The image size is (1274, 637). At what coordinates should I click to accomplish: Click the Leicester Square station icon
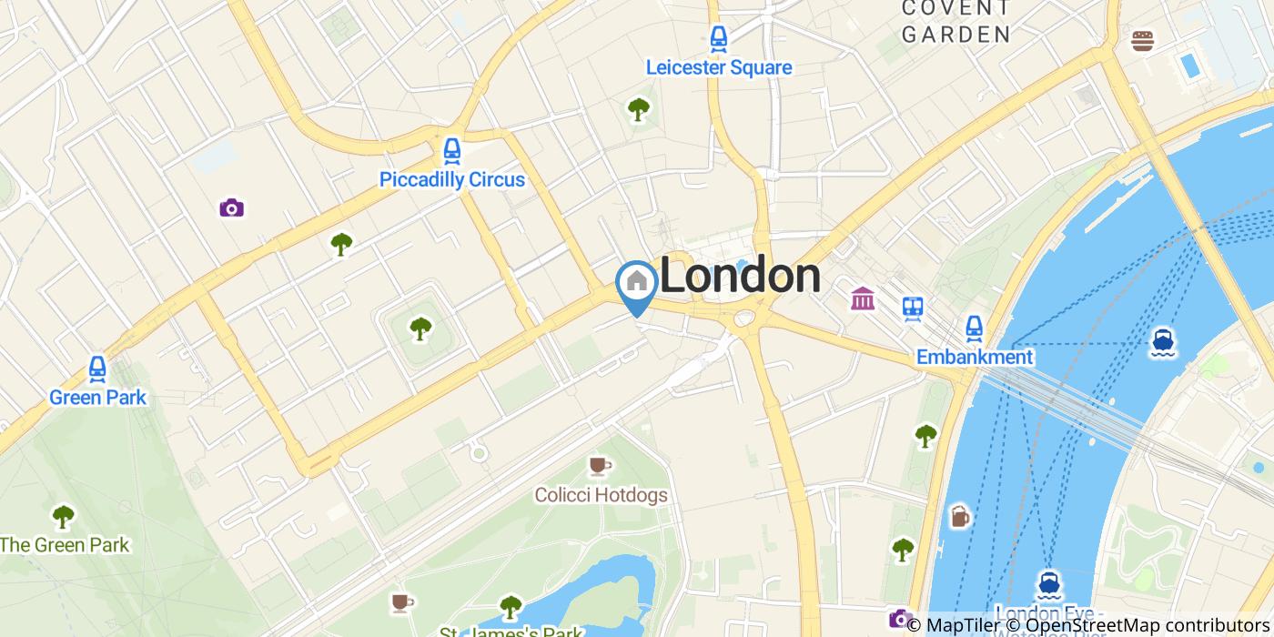719,39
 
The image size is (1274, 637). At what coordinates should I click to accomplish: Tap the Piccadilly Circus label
451,179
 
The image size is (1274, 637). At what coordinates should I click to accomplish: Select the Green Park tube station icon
97,369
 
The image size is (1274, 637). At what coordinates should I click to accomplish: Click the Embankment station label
975,357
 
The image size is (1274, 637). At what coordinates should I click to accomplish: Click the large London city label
740,277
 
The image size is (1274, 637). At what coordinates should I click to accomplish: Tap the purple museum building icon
863,298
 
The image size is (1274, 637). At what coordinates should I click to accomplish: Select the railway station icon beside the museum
913,308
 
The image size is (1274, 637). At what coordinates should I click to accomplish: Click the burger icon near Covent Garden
1143,41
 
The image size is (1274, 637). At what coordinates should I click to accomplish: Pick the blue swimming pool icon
1188,66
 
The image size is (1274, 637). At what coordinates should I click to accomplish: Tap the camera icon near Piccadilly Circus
232,208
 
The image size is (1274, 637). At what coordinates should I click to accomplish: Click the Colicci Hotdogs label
601,496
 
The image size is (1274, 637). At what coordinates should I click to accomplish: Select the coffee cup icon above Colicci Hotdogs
599,466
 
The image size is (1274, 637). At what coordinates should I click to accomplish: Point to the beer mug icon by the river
960,517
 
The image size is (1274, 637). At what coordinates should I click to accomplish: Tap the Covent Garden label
955,21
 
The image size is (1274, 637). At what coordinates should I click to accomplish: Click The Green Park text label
65,545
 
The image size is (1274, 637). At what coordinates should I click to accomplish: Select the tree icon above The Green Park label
63,517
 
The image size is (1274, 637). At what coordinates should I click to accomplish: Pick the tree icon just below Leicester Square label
639,109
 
